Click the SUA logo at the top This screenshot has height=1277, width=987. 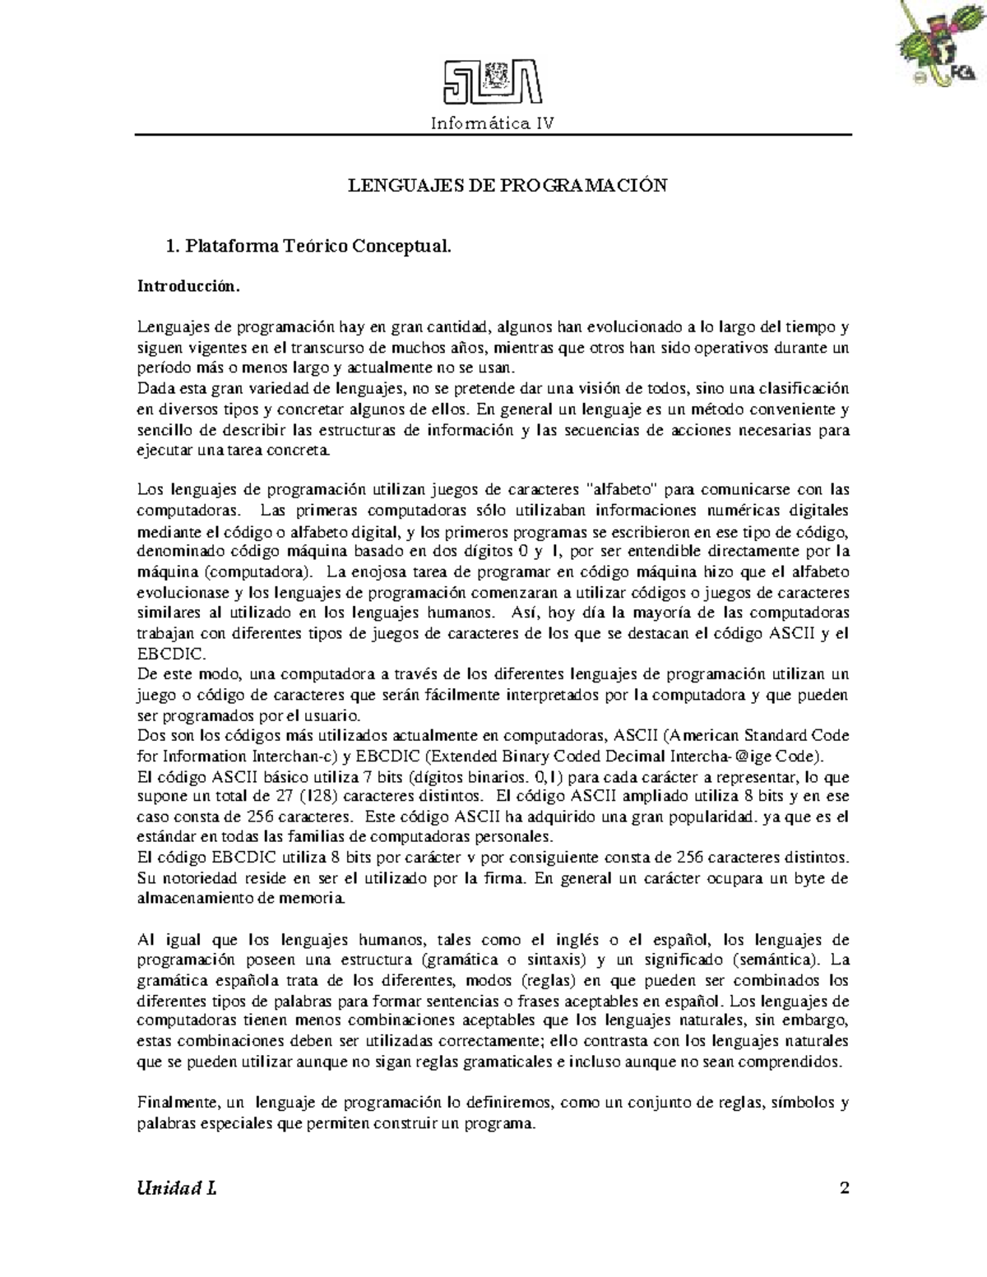pos(493,84)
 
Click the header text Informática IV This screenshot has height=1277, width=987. pos(493,123)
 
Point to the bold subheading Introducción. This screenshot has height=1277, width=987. pos(189,287)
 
